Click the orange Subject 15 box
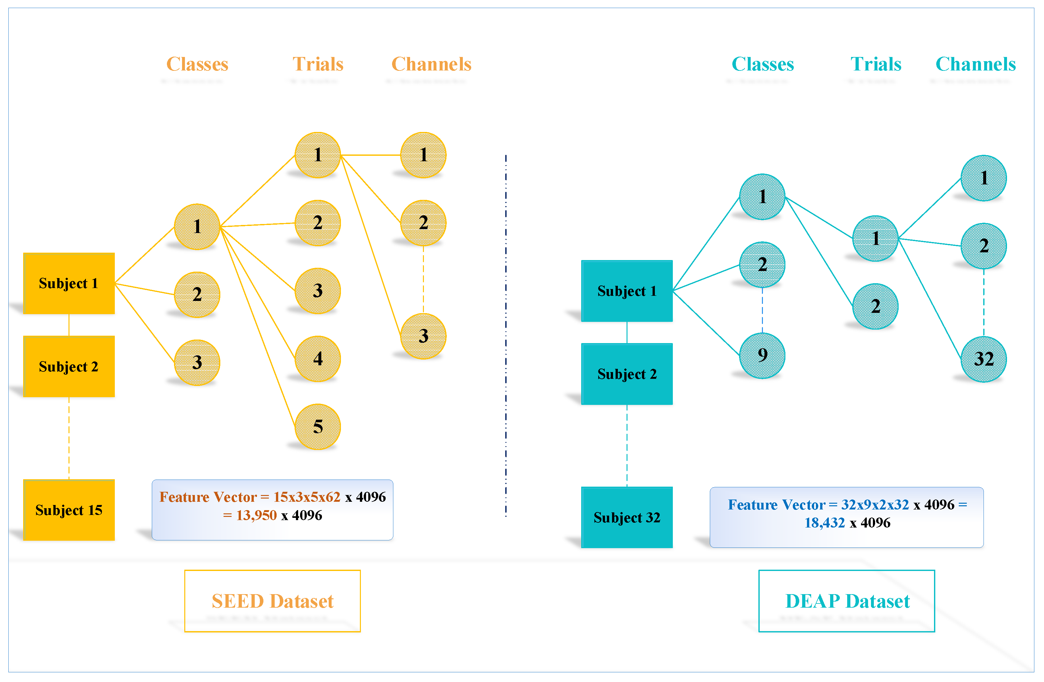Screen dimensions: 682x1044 [x=69, y=509]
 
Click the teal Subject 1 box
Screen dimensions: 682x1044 [x=627, y=291]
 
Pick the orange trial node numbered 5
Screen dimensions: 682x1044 [x=317, y=426]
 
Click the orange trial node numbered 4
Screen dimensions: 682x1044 [x=317, y=358]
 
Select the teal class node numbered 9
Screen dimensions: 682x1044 [x=762, y=355]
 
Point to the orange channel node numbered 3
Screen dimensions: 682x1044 [x=423, y=336]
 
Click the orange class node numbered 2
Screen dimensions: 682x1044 [x=197, y=294]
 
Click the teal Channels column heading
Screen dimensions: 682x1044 [x=975, y=64]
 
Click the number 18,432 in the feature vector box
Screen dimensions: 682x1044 [x=824, y=522]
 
